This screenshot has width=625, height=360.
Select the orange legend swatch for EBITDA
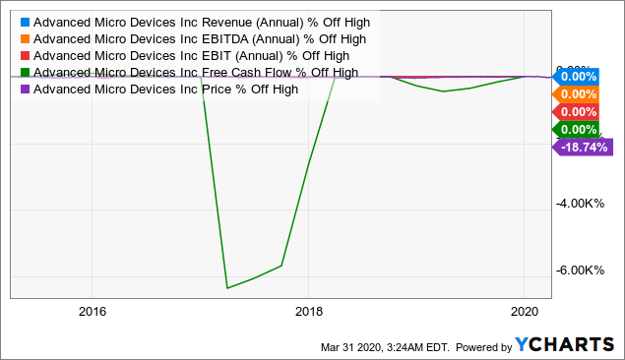23,38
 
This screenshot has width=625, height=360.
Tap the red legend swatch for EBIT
23,55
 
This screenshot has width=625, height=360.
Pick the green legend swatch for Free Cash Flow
23,72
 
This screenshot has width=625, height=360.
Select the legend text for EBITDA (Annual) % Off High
200,38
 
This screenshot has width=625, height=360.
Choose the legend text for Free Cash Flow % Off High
194,72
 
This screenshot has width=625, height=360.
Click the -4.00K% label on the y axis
581,204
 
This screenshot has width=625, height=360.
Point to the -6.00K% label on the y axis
581,270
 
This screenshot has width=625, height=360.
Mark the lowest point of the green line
227,288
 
